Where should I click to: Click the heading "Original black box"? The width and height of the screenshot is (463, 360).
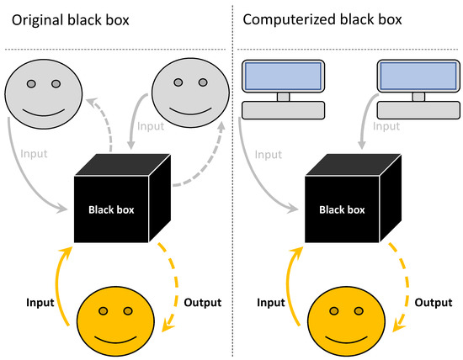70,21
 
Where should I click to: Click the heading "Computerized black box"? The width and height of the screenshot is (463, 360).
322,20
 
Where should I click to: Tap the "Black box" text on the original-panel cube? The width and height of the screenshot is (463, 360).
111,209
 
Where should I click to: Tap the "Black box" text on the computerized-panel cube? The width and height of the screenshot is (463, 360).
342,209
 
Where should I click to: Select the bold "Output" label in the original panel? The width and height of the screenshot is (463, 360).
203,303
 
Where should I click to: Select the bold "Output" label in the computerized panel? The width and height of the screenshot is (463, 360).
434,303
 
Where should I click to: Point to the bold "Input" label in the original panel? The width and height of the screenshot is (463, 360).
40,303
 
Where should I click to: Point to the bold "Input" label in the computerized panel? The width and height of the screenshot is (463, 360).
271,303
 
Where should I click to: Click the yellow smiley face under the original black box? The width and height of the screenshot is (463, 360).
115,321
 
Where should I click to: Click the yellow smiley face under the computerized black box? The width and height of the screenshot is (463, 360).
346,321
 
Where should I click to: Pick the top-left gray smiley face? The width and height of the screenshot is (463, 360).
44,94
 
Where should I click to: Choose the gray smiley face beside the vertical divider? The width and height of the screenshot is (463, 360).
190,93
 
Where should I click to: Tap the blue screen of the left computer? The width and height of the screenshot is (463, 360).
283,76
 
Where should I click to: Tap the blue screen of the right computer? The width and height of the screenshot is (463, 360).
418,76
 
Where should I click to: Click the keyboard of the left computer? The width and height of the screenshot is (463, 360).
283,110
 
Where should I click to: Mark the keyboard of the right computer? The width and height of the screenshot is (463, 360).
418,110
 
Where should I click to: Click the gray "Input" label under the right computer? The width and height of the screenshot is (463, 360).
386,126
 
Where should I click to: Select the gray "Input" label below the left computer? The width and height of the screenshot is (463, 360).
269,155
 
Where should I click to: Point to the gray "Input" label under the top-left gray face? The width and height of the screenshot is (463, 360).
34,154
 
